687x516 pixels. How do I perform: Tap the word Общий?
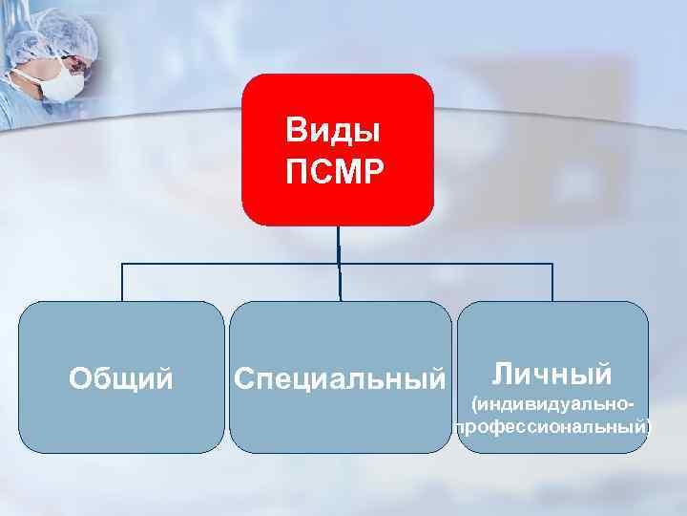tap(121, 379)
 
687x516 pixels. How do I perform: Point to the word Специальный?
tap(340, 379)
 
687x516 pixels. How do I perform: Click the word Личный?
tap(552, 372)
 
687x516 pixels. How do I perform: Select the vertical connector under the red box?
tap(338, 244)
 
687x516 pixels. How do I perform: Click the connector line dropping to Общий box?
tap(121, 282)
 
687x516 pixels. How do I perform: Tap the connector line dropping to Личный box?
tap(552, 282)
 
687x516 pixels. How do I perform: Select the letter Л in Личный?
tap(501, 372)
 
